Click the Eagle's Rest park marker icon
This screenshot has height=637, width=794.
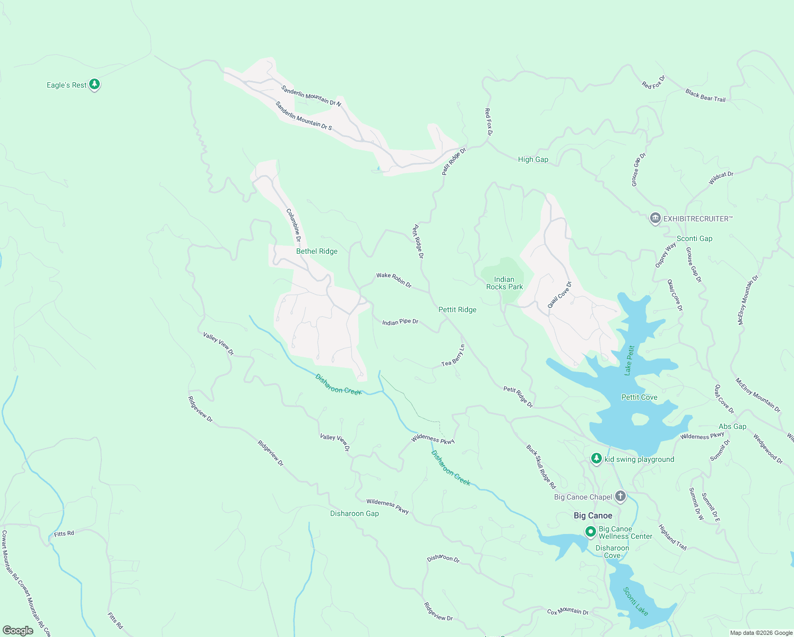tap(94, 84)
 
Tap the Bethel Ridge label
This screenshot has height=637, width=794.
tap(316, 251)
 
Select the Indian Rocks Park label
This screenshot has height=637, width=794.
tap(504, 283)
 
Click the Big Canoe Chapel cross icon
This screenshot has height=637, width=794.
tap(620, 497)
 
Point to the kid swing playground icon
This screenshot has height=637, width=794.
tap(597, 459)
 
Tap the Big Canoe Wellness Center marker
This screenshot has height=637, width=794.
tap(590, 531)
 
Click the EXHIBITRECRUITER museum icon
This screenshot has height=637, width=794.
tap(655, 218)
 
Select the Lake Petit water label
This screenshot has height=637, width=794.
tap(629, 360)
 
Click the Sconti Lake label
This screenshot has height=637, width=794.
tap(635, 601)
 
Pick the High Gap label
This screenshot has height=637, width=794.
tap(533, 159)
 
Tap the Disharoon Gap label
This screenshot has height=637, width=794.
tap(354, 513)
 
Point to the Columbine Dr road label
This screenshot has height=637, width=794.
tap(294, 225)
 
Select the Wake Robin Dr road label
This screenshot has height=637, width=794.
tap(394, 280)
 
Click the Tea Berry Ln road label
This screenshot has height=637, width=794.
tap(453, 357)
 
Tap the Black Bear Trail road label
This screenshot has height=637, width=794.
tap(705, 96)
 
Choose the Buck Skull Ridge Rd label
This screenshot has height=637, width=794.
tap(541, 467)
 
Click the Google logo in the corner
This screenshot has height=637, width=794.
tap(18, 630)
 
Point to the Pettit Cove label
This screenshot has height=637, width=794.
tap(639, 397)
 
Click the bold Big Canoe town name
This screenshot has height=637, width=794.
tap(593, 515)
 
